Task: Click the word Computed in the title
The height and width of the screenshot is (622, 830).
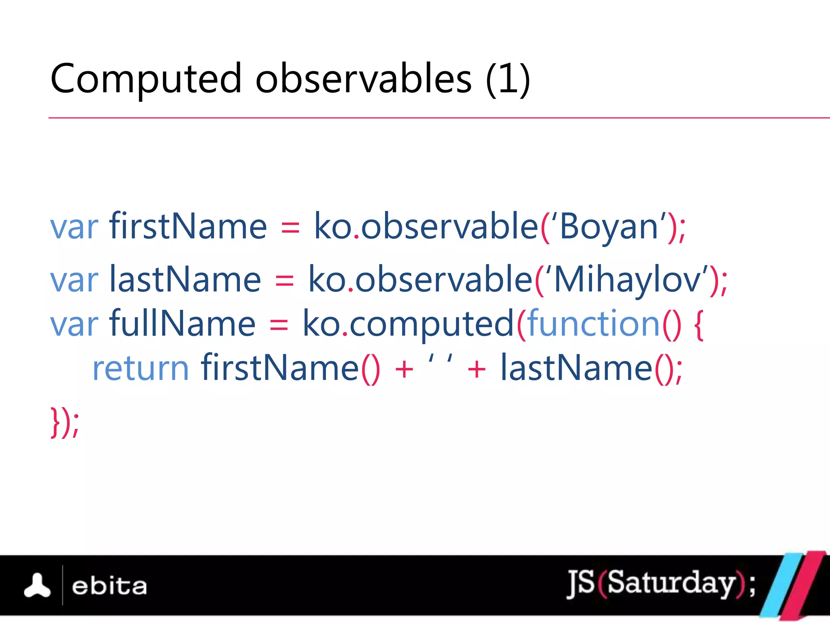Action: click(x=146, y=79)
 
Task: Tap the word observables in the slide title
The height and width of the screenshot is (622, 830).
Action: click(x=364, y=79)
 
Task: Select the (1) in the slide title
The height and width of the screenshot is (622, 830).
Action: click(x=508, y=79)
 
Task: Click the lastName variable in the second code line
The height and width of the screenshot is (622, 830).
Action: click(x=185, y=279)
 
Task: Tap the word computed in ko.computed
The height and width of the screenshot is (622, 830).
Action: click(x=431, y=324)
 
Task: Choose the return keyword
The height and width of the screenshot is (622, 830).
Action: click(x=141, y=369)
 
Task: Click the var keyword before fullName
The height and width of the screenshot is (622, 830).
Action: click(x=74, y=324)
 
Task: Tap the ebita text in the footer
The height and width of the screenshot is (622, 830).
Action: click(x=109, y=586)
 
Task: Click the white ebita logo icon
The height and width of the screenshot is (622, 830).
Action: click(x=37, y=586)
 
